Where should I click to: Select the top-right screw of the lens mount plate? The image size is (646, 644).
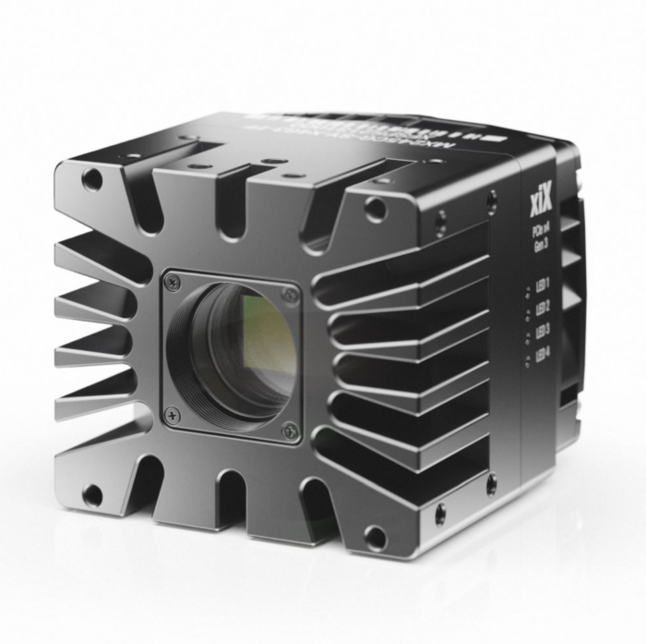291,296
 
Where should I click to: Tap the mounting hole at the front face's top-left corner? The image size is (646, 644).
92,179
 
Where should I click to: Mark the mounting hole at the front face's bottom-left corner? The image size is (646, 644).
92,495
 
